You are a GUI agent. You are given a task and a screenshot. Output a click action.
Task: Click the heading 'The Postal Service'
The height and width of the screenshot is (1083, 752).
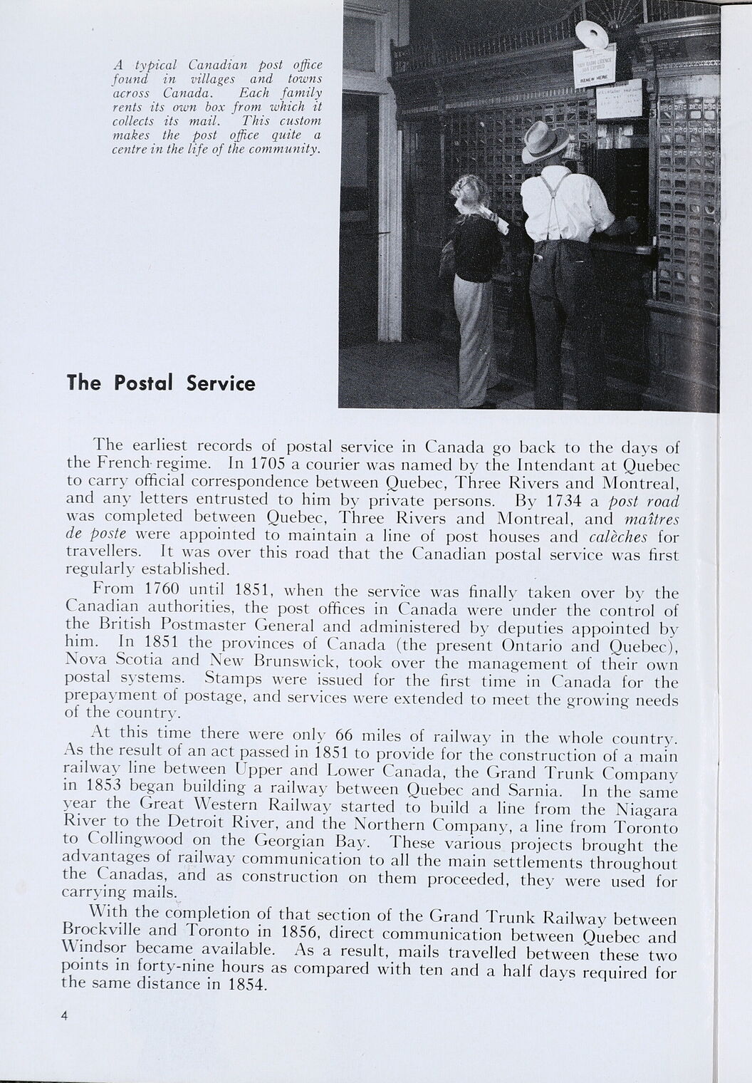click(160, 383)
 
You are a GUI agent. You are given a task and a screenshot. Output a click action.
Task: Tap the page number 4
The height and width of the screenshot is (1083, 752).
click(64, 1017)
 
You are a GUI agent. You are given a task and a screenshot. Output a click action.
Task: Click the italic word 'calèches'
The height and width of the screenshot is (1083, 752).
click(617, 536)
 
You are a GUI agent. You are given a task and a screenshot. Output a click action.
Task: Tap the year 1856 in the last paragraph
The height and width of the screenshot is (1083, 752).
click(300, 931)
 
